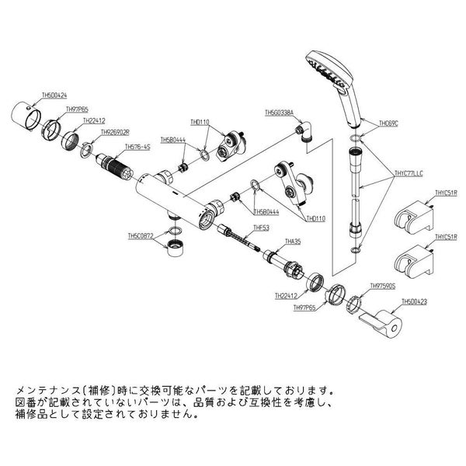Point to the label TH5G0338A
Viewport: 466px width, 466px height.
[x=280, y=113]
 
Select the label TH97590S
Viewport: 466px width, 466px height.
[x=383, y=285]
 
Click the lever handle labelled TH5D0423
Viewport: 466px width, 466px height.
[x=382, y=322]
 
